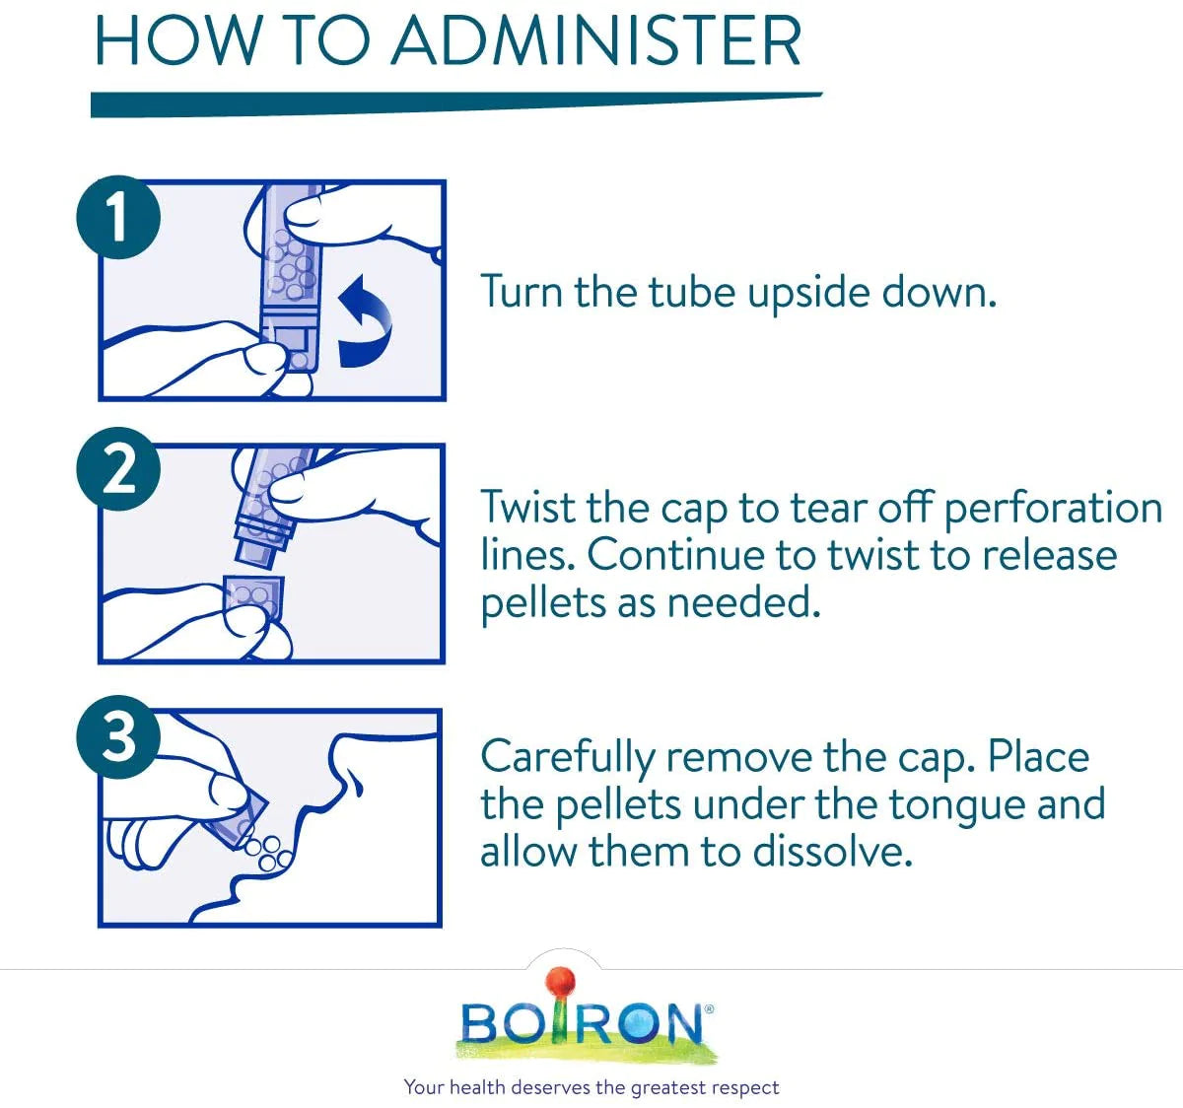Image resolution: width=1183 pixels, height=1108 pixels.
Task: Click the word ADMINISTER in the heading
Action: (596, 41)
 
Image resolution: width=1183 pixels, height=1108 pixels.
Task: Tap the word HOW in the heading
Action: (177, 41)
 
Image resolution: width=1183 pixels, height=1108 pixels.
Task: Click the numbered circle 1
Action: (118, 217)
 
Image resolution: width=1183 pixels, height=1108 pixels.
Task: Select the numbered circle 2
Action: (118, 469)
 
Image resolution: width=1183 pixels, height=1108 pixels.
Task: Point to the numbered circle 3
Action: (118, 737)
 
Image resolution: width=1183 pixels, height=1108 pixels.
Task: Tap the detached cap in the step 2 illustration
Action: (252, 597)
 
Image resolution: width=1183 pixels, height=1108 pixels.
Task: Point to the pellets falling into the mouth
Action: (268, 853)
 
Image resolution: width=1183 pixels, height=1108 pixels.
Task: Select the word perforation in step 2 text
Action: (1053, 510)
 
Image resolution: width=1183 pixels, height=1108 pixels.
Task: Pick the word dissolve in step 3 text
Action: (832, 852)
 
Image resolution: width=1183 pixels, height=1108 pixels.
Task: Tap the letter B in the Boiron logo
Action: (482, 1023)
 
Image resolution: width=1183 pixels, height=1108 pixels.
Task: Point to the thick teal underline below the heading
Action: (456, 104)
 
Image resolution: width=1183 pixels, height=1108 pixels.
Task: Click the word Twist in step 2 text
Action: (529, 507)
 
